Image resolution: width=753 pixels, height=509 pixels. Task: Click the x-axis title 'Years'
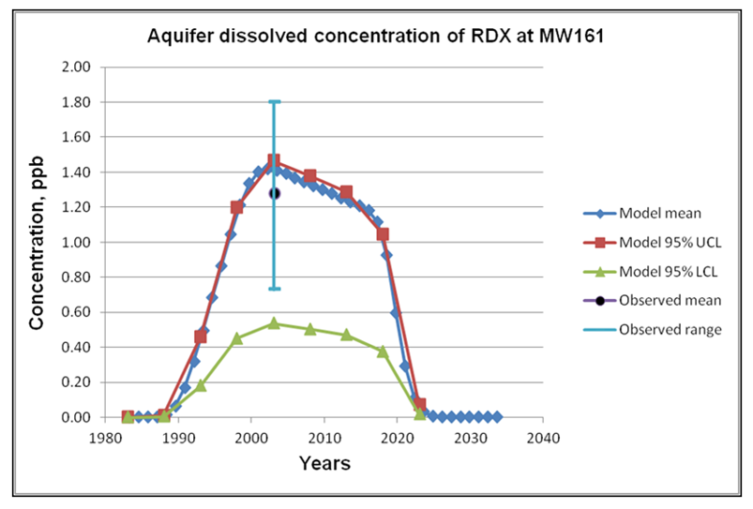tap(324, 463)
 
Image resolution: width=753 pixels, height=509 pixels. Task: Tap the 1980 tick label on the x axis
tap(104, 436)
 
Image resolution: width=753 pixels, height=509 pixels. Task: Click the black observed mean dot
tap(275, 193)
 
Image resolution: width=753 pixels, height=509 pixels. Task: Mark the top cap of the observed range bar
tap(274, 101)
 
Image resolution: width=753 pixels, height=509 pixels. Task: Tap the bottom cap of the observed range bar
tap(274, 289)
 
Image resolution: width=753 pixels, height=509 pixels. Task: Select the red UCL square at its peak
tap(274, 161)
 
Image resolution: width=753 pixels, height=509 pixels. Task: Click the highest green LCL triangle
tap(274, 322)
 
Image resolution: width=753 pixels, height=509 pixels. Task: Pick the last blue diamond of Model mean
tap(497, 417)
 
